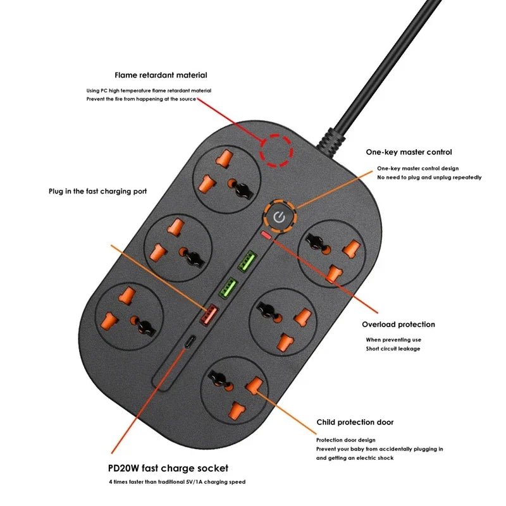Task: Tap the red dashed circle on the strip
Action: (276, 151)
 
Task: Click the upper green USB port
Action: (247, 261)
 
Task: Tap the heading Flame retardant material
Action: (161, 75)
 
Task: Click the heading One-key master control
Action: (409, 152)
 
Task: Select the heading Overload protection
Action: (398, 324)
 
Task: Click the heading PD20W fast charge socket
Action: (168, 469)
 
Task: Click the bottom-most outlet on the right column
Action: (236, 390)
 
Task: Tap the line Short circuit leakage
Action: (393, 349)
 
